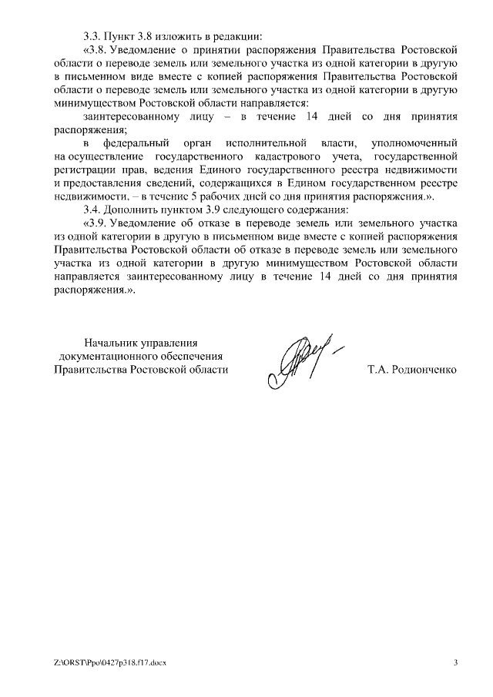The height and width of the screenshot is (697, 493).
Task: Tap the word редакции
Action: point(238,36)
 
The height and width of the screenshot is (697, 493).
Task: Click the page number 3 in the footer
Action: point(455,662)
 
